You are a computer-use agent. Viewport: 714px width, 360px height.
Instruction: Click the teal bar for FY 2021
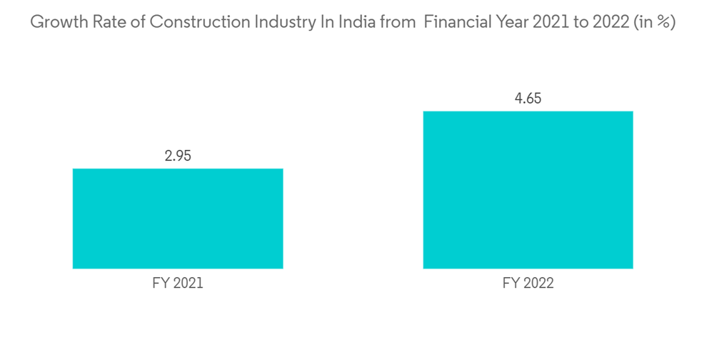coord(178,219)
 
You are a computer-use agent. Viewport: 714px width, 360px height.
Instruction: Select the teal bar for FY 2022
coord(528,190)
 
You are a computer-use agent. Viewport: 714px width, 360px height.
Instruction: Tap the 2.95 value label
coord(178,155)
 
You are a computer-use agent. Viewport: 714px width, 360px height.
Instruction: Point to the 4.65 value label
coord(528,99)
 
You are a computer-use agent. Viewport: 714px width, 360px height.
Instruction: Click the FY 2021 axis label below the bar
coord(178,284)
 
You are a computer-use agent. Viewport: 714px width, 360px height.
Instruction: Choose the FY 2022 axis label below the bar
coord(528,284)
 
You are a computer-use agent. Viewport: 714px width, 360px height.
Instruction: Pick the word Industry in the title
coord(282,22)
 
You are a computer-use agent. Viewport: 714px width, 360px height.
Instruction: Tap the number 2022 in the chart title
coord(602,22)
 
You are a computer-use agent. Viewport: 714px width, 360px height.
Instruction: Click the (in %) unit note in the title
coord(651,22)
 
